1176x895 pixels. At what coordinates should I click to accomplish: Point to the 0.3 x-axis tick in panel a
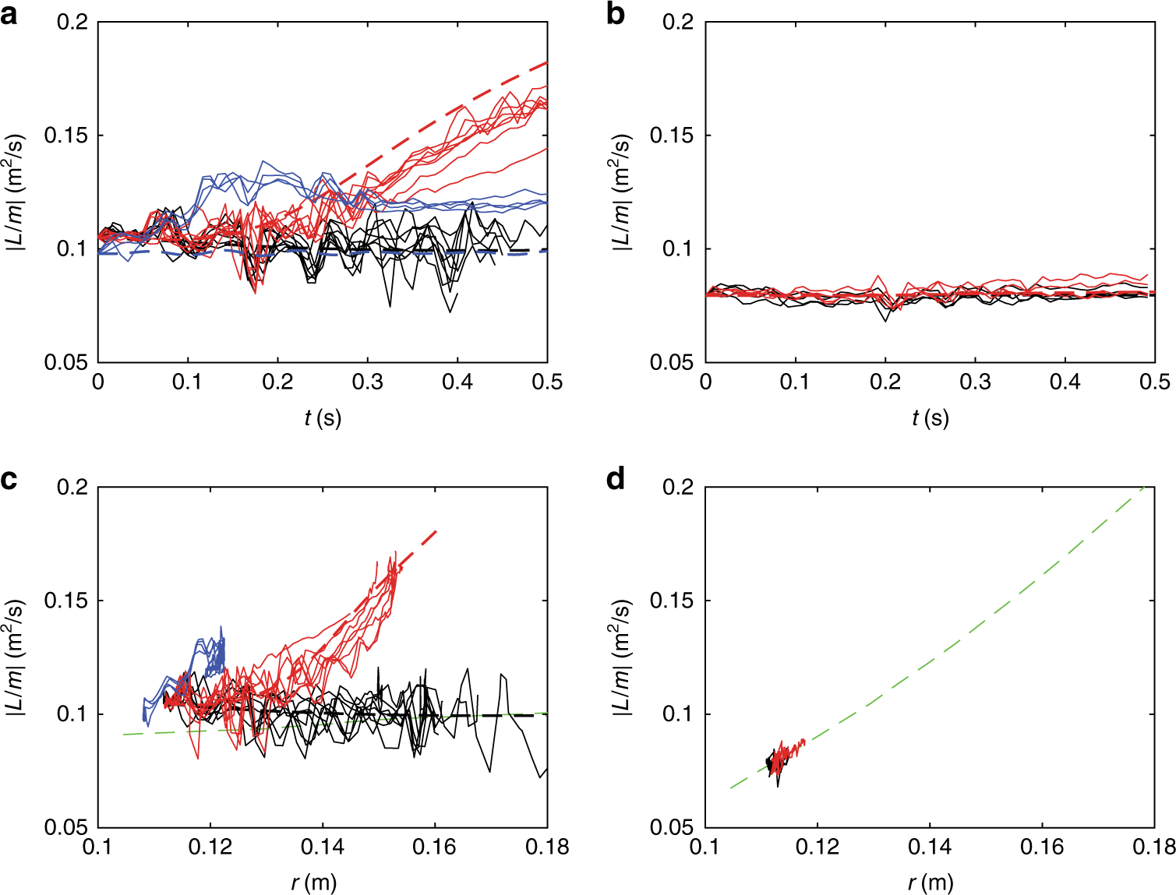(367, 382)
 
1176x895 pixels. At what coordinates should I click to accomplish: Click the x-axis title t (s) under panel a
(323, 418)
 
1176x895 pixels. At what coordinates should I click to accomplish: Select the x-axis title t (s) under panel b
(930, 418)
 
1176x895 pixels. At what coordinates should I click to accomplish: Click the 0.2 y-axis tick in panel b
(678, 22)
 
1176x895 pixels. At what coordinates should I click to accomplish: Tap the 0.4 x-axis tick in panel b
(1065, 382)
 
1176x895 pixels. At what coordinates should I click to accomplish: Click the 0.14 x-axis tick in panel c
(323, 847)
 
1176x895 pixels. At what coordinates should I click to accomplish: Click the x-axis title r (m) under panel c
(314, 883)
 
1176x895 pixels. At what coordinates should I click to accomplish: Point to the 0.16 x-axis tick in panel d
(1042, 847)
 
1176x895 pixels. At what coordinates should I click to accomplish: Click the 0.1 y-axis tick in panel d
(678, 714)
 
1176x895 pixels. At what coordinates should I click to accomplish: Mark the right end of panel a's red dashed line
(546, 62)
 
